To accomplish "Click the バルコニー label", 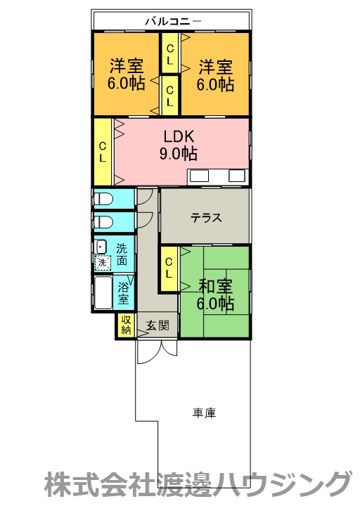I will pyautogui.click(x=172, y=21).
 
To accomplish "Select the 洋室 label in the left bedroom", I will pyautogui.click(x=127, y=67).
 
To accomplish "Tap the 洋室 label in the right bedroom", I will pyautogui.click(x=215, y=67).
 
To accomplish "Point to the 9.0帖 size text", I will pyautogui.click(x=181, y=153).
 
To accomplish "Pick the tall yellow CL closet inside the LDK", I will pyautogui.click(x=103, y=152).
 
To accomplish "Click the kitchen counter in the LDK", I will pyautogui.click(x=217, y=176).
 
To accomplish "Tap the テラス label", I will pyautogui.click(x=205, y=217).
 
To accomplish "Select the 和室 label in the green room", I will pyautogui.click(x=215, y=287).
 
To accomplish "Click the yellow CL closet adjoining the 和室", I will pyautogui.click(x=169, y=268).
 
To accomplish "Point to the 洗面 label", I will pyautogui.click(x=122, y=254).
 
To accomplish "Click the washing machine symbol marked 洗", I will pyautogui.click(x=103, y=263).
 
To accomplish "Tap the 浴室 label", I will pyautogui.click(x=124, y=293).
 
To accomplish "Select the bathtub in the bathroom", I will pyautogui.click(x=103, y=293).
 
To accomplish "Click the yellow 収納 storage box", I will pyautogui.click(x=126, y=325).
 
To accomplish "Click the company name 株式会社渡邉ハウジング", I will pyautogui.click(x=198, y=485).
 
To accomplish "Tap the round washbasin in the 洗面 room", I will pyautogui.click(x=101, y=247).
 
